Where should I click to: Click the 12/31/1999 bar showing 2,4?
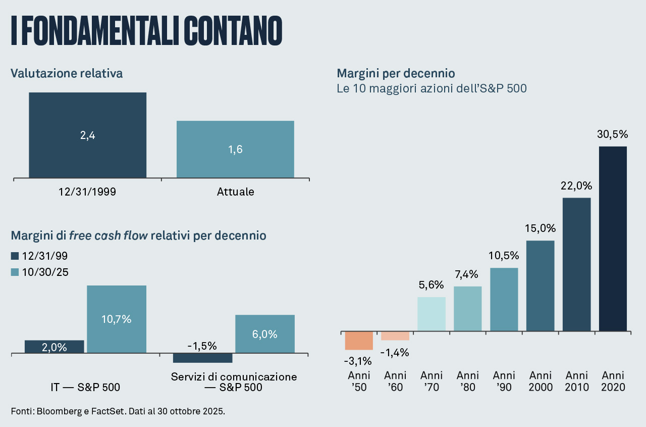tap(87, 135)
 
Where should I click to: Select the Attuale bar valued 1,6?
tap(235, 149)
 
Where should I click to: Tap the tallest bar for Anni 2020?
tap(613, 239)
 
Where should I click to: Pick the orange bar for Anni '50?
tap(359, 341)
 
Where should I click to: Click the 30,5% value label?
tap(613, 134)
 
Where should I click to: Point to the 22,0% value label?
tap(576, 185)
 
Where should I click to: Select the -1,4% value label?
tap(395, 353)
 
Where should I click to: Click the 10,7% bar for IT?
tap(117, 319)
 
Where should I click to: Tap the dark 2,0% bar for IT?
tap(55, 347)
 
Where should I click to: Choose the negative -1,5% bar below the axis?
tap(202, 358)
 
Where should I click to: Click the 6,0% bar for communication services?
tap(265, 334)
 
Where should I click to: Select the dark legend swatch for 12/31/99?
tap(15, 256)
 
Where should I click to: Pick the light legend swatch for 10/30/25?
tap(15, 272)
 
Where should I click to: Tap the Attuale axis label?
tap(235, 192)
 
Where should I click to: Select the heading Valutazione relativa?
tap(67, 73)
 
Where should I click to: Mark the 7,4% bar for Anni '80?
tap(468, 308)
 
